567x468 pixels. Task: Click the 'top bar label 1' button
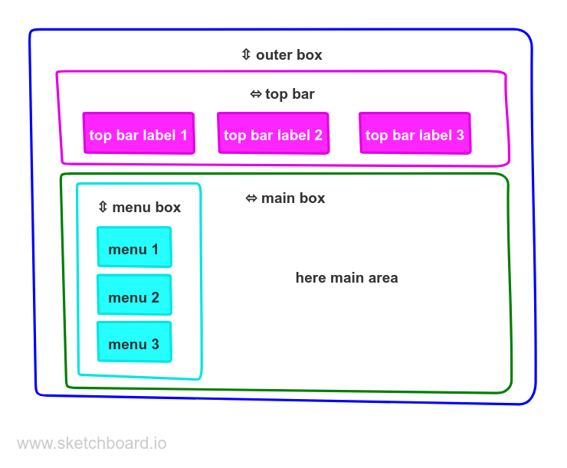pos(139,134)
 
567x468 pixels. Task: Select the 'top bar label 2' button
pos(273,134)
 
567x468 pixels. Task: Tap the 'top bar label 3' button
pos(415,134)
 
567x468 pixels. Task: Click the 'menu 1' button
pos(134,248)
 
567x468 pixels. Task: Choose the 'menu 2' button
pos(134,296)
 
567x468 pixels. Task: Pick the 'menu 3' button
pos(134,343)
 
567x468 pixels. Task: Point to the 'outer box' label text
pos(289,55)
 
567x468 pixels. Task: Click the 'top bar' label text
pos(290,94)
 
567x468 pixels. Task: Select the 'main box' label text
pos(293,198)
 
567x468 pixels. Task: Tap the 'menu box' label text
pos(146,207)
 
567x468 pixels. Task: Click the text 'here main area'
pos(346,277)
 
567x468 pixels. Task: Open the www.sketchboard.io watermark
pos(91,443)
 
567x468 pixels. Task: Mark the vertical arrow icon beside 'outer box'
pos(245,54)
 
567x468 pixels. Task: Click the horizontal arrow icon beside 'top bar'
pos(256,94)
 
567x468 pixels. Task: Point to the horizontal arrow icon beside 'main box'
pos(251,198)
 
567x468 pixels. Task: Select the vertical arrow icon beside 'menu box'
pos(103,207)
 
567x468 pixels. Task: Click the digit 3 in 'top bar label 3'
pos(460,135)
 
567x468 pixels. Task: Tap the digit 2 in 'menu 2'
pos(155,297)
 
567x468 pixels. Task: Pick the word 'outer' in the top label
pos(273,55)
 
